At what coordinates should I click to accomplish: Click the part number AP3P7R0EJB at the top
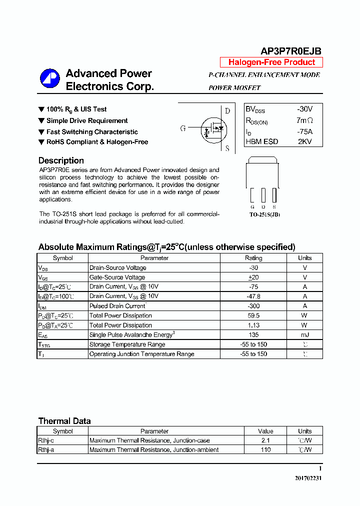[x=291, y=51]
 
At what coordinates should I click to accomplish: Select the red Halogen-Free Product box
[x=271, y=62]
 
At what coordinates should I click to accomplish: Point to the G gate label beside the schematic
[x=183, y=128]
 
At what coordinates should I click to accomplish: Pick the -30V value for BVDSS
[x=304, y=109]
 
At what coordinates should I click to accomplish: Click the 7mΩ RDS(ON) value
[x=304, y=120]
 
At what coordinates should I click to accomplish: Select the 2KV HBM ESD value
[x=304, y=141]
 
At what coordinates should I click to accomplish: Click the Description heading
[x=61, y=160]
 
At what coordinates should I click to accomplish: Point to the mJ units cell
[x=304, y=334]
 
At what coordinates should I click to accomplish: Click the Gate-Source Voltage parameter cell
[x=117, y=277]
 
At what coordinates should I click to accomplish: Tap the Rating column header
[x=253, y=258]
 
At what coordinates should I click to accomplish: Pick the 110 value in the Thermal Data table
[x=265, y=450]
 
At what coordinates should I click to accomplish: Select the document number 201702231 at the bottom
[x=308, y=478]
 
